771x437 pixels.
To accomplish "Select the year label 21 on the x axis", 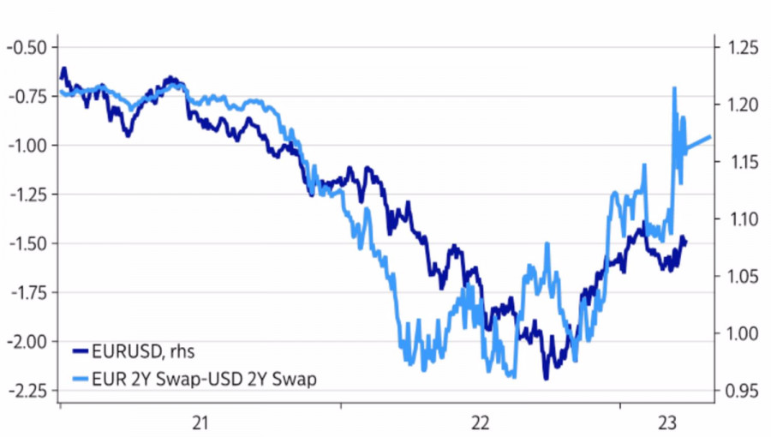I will coord(200,422).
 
